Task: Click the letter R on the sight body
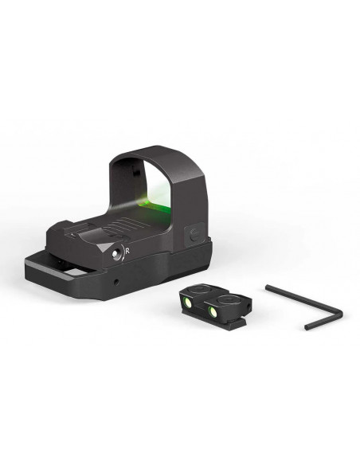pyautogui.click(x=127, y=251)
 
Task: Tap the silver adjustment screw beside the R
pyautogui.click(x=115, y=253)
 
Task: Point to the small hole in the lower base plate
pyautogui.click(x=116, y=280)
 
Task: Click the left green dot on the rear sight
pyautogui.click(x=188, y=303)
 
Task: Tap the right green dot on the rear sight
pyautogui.click(x=213, y=311)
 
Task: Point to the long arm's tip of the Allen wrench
pyautogui.click(x=267, y=287)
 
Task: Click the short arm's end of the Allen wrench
pyautogui.click(x=307, y=328)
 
